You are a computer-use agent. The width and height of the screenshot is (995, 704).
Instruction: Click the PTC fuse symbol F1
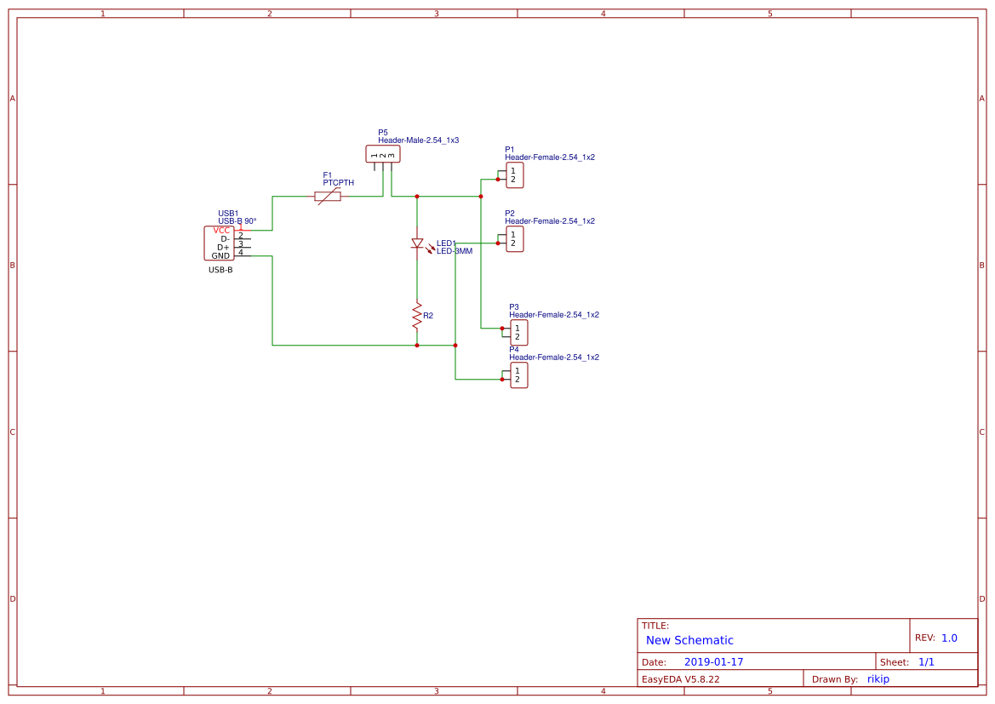pyautogui.click(x=328, y=197)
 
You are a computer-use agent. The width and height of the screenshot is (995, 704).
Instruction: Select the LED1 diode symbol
pyautogui.click(x=417, y=243)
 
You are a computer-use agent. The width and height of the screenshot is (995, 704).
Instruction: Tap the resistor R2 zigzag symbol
pyautogui.click(x=417, y=316)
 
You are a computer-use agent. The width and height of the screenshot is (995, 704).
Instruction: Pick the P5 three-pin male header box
pyautogui.click(x=382, y=154)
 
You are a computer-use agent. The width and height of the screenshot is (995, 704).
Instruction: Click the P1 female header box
pyautogui.click(x=515, y=175)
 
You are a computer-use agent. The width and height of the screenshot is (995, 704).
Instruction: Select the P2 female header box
pyautogui.click(x=515, y=239)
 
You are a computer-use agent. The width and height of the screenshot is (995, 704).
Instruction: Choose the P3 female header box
pyautogui.click(x=519, y=333)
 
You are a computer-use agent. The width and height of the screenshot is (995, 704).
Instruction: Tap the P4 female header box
pyautogui.click(x=519, y=375)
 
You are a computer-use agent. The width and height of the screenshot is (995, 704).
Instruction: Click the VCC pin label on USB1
pyautogui.click(x=221, y=230)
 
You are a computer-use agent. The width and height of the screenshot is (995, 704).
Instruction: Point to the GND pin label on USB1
pyautogui.click(x=220, y=255)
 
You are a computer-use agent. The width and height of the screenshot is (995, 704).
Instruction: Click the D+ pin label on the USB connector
pyautogui.click(x=223, y=247)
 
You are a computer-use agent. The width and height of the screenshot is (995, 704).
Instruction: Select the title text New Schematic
pyautogui.click(x=689, y=640)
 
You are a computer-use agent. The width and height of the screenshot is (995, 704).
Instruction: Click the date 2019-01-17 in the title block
pyautogui.click(x=713, y=661)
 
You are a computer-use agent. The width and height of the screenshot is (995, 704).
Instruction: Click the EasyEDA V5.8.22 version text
pyautogui.click(x=680, y=678)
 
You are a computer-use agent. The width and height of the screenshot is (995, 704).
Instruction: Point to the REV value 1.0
pyautogui.click(x=949, y=638)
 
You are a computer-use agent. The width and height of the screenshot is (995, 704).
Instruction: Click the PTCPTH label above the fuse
pyautogui.click(x=338, y=183)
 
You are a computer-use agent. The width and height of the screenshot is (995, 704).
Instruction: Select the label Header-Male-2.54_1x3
pyautogui.click(x=418, y=140)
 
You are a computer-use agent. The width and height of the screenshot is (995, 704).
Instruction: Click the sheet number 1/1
pyautogui.click(x=926, y=661)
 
